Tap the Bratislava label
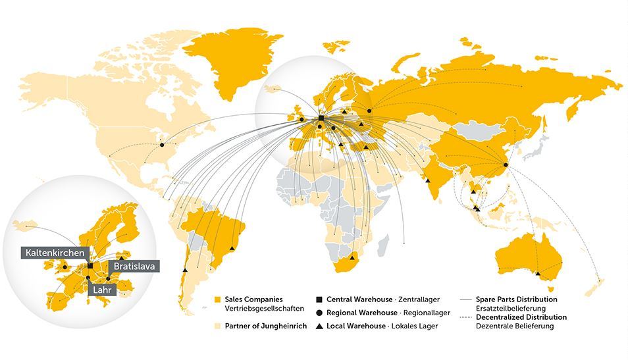[x=134, y=267]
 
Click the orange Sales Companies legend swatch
[x=218, y=300]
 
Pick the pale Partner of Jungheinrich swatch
[x=218, y=326]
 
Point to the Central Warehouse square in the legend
[x=319, y=300]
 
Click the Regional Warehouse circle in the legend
[x=319, y=313]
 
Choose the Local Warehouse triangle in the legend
[x=319, y=326]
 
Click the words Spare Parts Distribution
[x=516, y=299]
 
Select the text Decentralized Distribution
[x=521, y=317]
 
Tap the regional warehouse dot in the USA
[x=162, y=145]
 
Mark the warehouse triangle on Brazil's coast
[x=232, y=248]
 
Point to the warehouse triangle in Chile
[x=186, y=270]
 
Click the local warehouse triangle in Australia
[x=538, y=273]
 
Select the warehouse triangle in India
[x=428, y=180]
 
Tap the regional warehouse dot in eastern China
[x=506, y=165]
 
